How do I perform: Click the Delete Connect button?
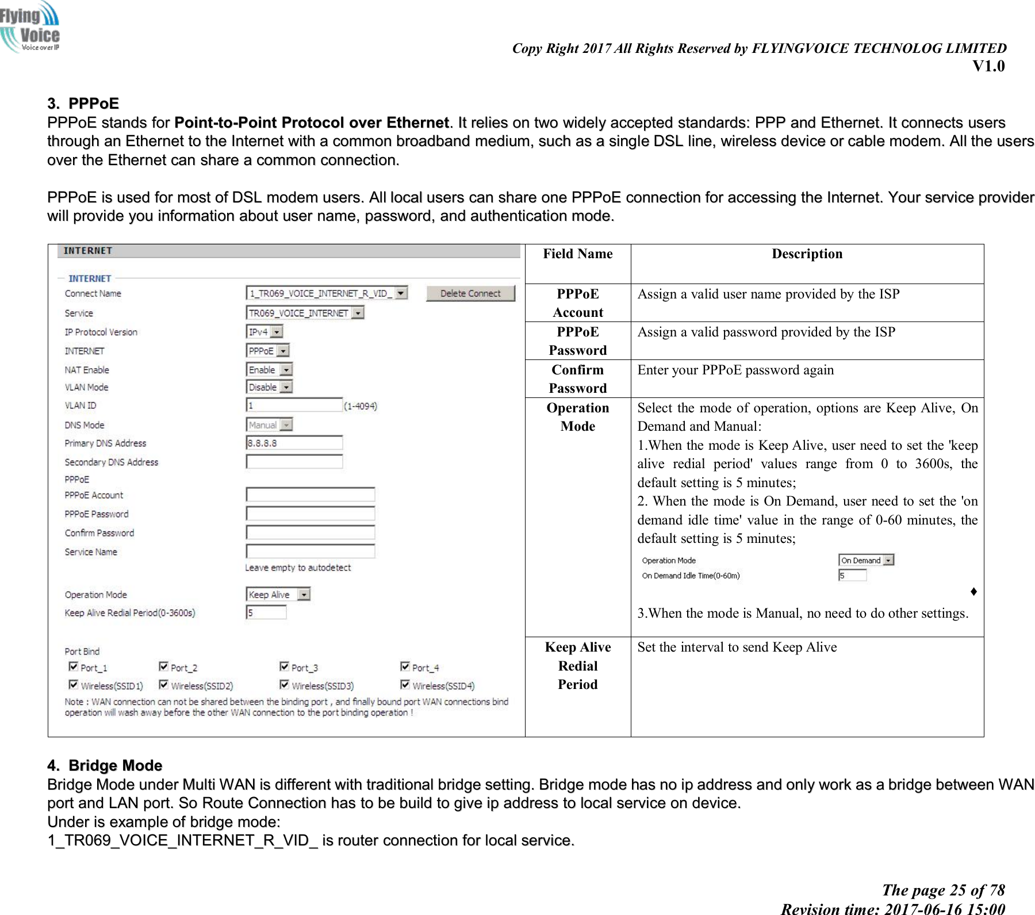(470, 293)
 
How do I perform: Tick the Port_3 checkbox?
(284, 667)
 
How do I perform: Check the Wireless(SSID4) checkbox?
(405, 684)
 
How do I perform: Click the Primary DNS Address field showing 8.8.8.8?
(294, 443)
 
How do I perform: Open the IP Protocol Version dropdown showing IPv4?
(264, 332)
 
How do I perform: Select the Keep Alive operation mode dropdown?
(278, 594)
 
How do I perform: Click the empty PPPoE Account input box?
(310, 495)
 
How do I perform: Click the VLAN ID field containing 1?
(294, 405)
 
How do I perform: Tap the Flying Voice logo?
(30, 28)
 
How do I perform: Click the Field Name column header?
(577, 254)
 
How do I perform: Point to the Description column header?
(807, 254)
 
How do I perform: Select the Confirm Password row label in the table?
(577, 379)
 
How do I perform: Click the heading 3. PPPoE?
(83, 104)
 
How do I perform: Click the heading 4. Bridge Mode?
(105, 765)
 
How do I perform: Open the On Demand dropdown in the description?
(866, 560)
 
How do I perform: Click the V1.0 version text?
(988, 66)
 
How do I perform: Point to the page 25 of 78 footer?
(943, 890)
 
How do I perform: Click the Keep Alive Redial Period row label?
(577, 665)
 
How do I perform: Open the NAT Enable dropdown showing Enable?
(270, 369)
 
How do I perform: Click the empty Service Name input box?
(310, 551)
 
